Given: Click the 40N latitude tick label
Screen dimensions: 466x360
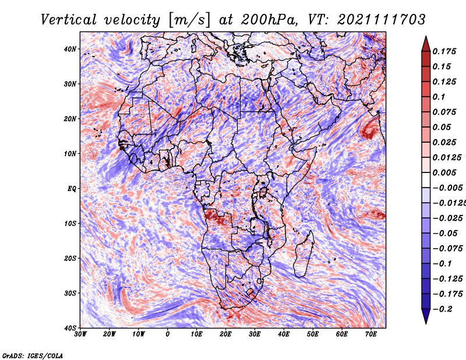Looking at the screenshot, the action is click(x=70, y=49).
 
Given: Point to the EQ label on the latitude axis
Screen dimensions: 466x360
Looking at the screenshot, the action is click(x=72, y=189).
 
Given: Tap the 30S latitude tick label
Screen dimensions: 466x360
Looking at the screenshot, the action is click(x=70, y=294).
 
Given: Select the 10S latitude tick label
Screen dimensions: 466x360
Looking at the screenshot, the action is click(x=70, y=224).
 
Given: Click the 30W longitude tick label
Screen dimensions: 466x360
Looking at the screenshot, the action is click(x=80, y=334).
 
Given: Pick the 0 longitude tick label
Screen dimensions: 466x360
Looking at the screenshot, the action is click(x=168, y=334).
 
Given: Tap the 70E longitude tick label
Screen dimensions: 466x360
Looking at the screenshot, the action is click(x=370, y=334).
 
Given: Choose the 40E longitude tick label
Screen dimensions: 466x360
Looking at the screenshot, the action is click(x=284, y=334).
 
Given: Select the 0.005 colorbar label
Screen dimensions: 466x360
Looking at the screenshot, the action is click(x=444, y=172).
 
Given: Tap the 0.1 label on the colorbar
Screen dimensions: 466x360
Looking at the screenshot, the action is click(x=439, y=97).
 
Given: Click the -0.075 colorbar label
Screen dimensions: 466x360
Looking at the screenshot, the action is click(x=448, y=249).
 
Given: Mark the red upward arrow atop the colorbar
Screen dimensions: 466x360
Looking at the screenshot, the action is click(x=426, y=44).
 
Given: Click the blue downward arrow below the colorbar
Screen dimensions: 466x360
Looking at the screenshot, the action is click(x=426, y=316).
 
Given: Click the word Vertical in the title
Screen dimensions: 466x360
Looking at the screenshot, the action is click(x=68, y=20).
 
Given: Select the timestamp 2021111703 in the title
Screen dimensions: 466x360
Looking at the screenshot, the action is click(x=382, y=20).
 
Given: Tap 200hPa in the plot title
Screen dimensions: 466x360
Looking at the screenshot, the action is click(x=269, y=20).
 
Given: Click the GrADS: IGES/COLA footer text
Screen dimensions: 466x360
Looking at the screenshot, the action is click(x=33, y=356).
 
